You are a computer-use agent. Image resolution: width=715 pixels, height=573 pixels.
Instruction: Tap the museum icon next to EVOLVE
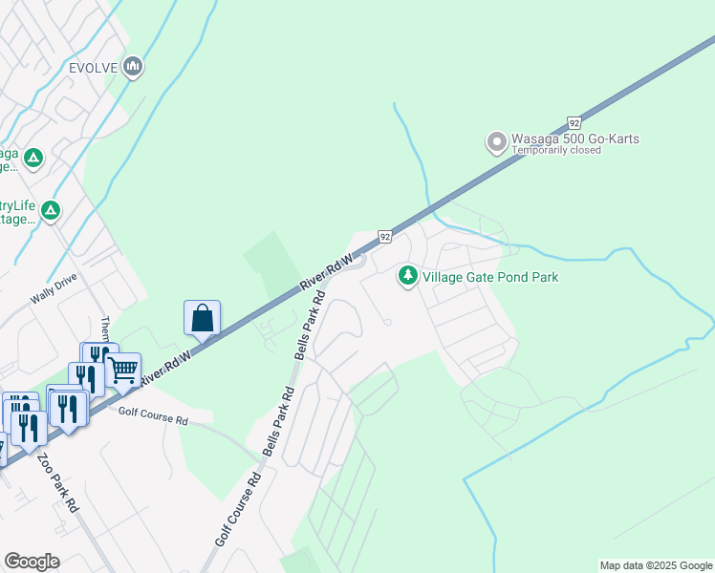[x=133, y=66]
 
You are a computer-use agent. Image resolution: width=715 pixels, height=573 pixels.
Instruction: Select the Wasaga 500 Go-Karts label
[x=575, y=139]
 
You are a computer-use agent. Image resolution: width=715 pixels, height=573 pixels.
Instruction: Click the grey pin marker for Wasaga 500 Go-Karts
[x=496, y=142]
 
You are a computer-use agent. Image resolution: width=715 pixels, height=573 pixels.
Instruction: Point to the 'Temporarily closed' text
[x=556, y=151]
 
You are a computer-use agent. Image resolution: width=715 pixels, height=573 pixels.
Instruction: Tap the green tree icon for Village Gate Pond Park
[x=408, y=276]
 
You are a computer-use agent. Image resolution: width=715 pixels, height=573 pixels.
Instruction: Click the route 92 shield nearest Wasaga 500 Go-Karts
[x=573, y=123]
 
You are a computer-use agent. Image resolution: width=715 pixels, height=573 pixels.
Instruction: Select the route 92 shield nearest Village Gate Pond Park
[x=384, y=236]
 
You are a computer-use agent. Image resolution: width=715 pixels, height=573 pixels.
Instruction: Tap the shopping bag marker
[x=203, y=317]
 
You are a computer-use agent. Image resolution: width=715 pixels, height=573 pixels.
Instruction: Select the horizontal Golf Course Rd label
[x=153, y=415]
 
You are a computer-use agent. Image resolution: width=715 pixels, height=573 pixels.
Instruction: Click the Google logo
[x=32, y=562]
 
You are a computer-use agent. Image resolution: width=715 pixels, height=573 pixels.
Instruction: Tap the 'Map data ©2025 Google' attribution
[x=656, y=565]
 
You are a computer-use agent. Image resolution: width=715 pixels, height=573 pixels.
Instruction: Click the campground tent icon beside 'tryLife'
[x=50, y=210]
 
